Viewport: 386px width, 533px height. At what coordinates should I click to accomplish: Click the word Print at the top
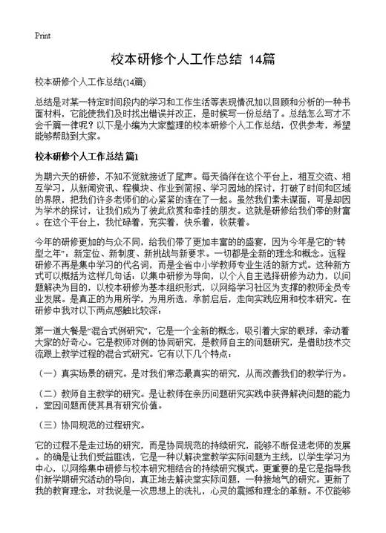(42, 35)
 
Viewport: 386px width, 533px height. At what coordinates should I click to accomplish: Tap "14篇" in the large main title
(262, 59)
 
